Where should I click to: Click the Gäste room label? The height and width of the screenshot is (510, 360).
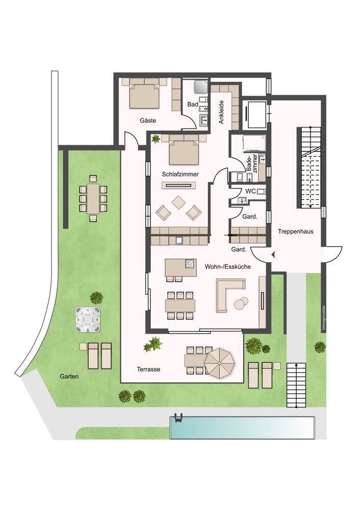click(x=148, y=121)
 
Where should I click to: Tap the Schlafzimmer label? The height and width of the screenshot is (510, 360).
click(x=180, y=174)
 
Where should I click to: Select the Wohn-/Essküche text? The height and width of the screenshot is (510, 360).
click(x=227, y=267)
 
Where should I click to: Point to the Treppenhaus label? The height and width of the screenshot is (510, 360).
click(x=296, y=232)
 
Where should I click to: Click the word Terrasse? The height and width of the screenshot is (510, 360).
click(x=148, y=369)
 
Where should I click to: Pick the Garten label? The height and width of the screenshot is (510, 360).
click(x=69, y=377)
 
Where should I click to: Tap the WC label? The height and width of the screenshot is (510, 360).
click(x=251, y=191)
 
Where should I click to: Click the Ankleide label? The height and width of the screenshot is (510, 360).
click(x=221, y=112)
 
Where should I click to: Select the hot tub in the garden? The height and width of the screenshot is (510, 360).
click(x=88, y=319)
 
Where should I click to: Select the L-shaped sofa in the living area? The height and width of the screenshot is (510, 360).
click(x=227, y=293)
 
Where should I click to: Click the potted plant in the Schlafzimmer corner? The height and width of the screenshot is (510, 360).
click(x=156, y=139)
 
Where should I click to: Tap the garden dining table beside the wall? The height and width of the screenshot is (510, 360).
click(x=93, y=198)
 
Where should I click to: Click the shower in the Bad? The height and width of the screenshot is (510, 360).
click(x=201, y=87)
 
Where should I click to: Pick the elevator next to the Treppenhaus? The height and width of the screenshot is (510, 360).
click(x=256, y=114)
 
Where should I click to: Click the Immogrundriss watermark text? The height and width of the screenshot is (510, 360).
click(x=324, y=318)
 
